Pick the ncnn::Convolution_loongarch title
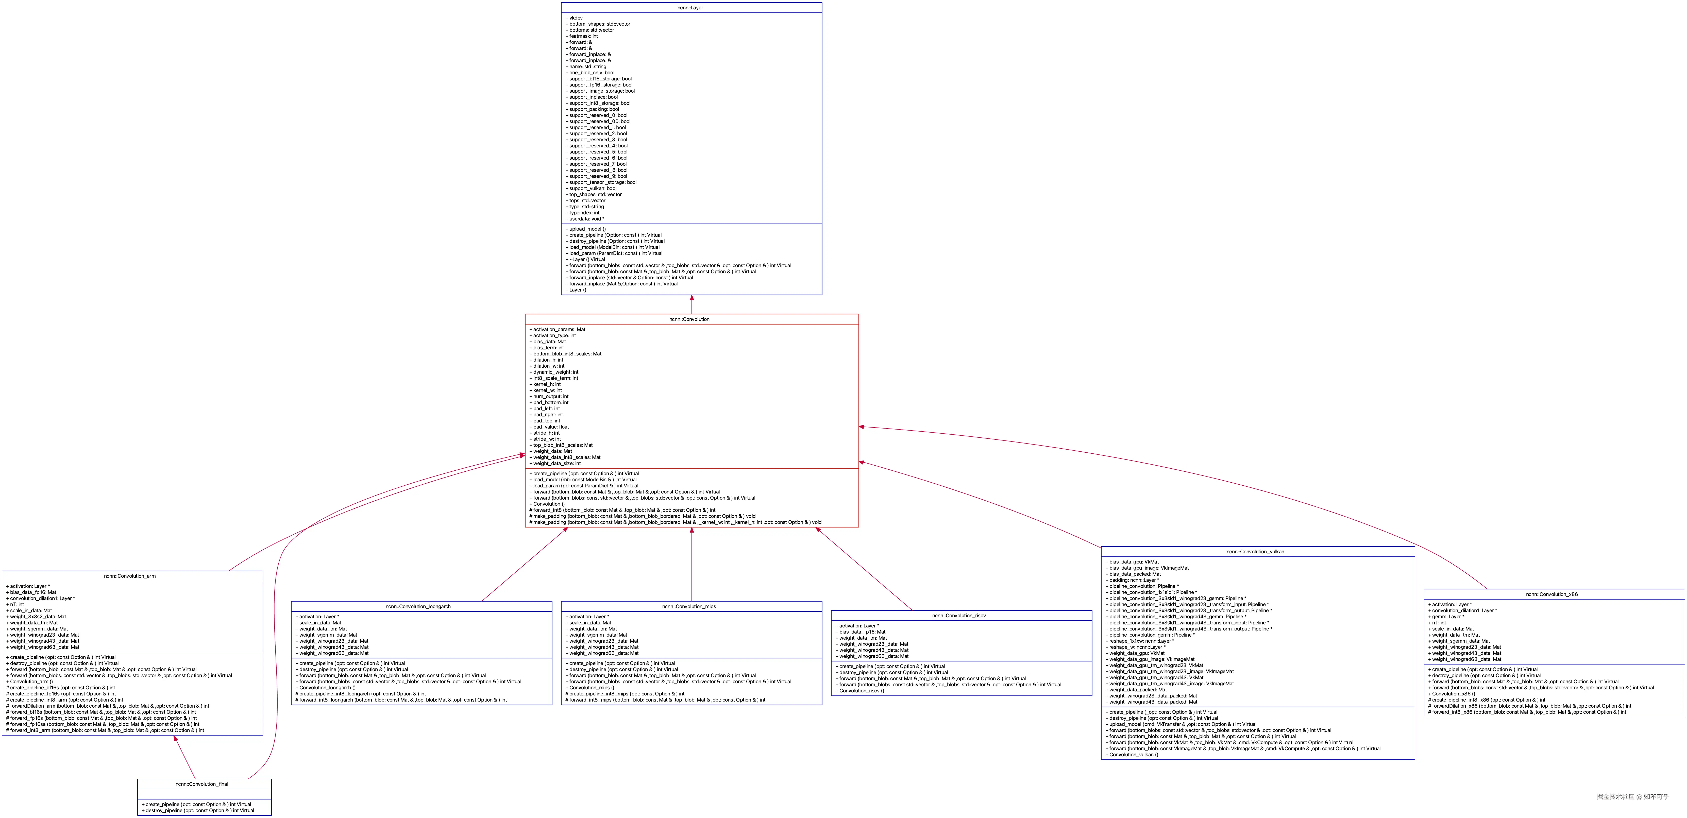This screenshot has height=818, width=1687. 418,606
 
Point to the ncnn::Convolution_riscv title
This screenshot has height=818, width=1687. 959,616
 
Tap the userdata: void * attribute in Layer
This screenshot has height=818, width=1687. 586,219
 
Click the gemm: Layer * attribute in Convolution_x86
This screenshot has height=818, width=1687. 1446,617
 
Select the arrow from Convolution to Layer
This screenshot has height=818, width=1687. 691,305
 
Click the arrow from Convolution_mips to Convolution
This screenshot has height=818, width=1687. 691,563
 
